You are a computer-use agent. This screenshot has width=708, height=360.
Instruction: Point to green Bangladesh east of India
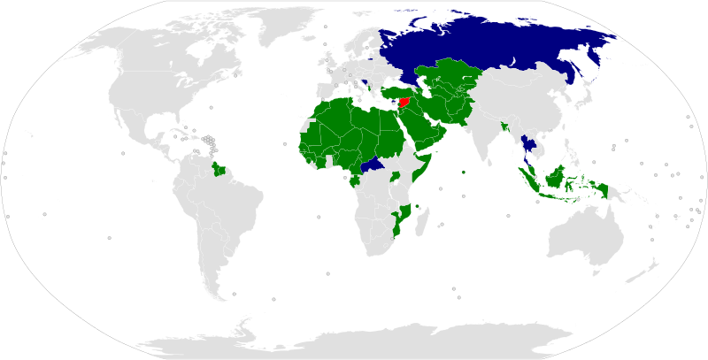pos(504,128)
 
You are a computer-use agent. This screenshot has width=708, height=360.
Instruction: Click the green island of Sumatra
pos(532,181)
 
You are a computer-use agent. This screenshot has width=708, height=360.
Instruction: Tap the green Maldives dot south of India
pos(464,172)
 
